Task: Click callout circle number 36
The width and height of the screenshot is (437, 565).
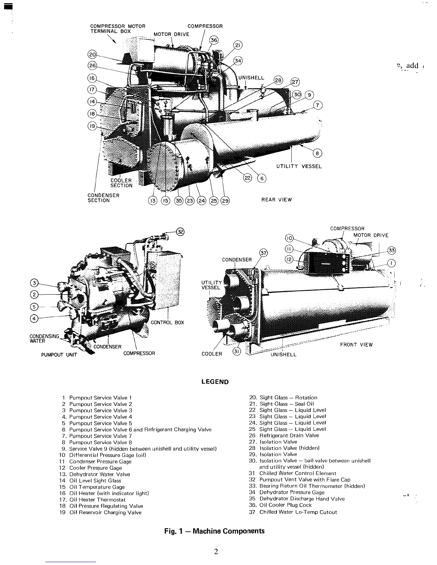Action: (x=214, y=40)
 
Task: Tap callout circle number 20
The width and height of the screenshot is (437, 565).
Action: (x=92, y=55)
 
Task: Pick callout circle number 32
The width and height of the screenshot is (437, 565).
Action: (x=181, y=231)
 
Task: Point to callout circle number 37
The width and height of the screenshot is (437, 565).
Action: (x=263, y=253)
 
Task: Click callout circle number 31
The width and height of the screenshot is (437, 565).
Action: (x=236, y=351)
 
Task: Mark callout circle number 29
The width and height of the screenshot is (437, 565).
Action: (x=225, y=201)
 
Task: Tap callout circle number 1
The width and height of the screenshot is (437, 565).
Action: (x=392, y=263)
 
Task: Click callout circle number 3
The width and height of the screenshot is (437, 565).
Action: (x=34, y=284)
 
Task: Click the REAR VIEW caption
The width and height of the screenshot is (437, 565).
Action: (x=276, y=200)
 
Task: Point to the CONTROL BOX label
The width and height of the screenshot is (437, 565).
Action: (x=167, y=322)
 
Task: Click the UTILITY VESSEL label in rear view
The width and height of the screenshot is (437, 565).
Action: (x=299, y=166)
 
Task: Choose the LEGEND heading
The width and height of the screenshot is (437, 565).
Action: (x=215, y=382)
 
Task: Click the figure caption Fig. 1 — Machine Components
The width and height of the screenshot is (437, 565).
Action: (x=214, y=531)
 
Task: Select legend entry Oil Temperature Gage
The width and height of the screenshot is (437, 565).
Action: (x=97, y=487)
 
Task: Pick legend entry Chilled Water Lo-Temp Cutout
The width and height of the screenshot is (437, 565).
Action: (x=298, y=512)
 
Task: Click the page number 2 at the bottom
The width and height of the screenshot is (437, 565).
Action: (x=216, y=552)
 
